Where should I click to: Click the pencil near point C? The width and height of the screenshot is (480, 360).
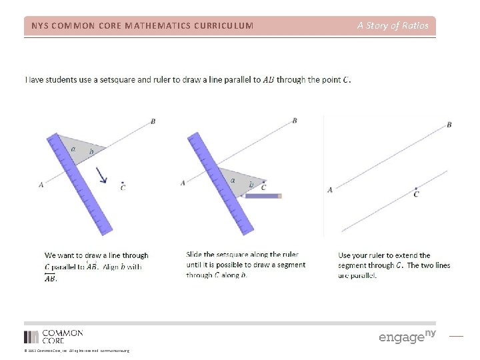[263, 196]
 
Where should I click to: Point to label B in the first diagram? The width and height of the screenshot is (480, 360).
[153, 121]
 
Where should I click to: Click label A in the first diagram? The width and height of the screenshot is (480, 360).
[41, 185]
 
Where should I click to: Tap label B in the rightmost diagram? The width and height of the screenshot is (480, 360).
[449, 125]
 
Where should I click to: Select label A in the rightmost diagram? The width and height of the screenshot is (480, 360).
[329, 190]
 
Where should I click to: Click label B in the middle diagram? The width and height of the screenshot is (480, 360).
[294, 121]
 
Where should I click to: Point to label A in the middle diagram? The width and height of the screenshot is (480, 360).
[183, 183]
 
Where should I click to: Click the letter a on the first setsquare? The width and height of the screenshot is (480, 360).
[73, 149]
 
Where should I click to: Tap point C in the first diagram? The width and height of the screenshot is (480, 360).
[123, 181]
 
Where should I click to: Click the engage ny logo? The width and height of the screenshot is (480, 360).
[407, 336]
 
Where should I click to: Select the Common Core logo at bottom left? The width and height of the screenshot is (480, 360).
[53, 337]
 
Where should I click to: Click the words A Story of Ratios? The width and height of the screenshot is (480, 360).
[393, 26]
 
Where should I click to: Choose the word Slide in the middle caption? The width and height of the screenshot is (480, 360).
[194, 255]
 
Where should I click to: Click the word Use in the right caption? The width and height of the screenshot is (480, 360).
[345, 255]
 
